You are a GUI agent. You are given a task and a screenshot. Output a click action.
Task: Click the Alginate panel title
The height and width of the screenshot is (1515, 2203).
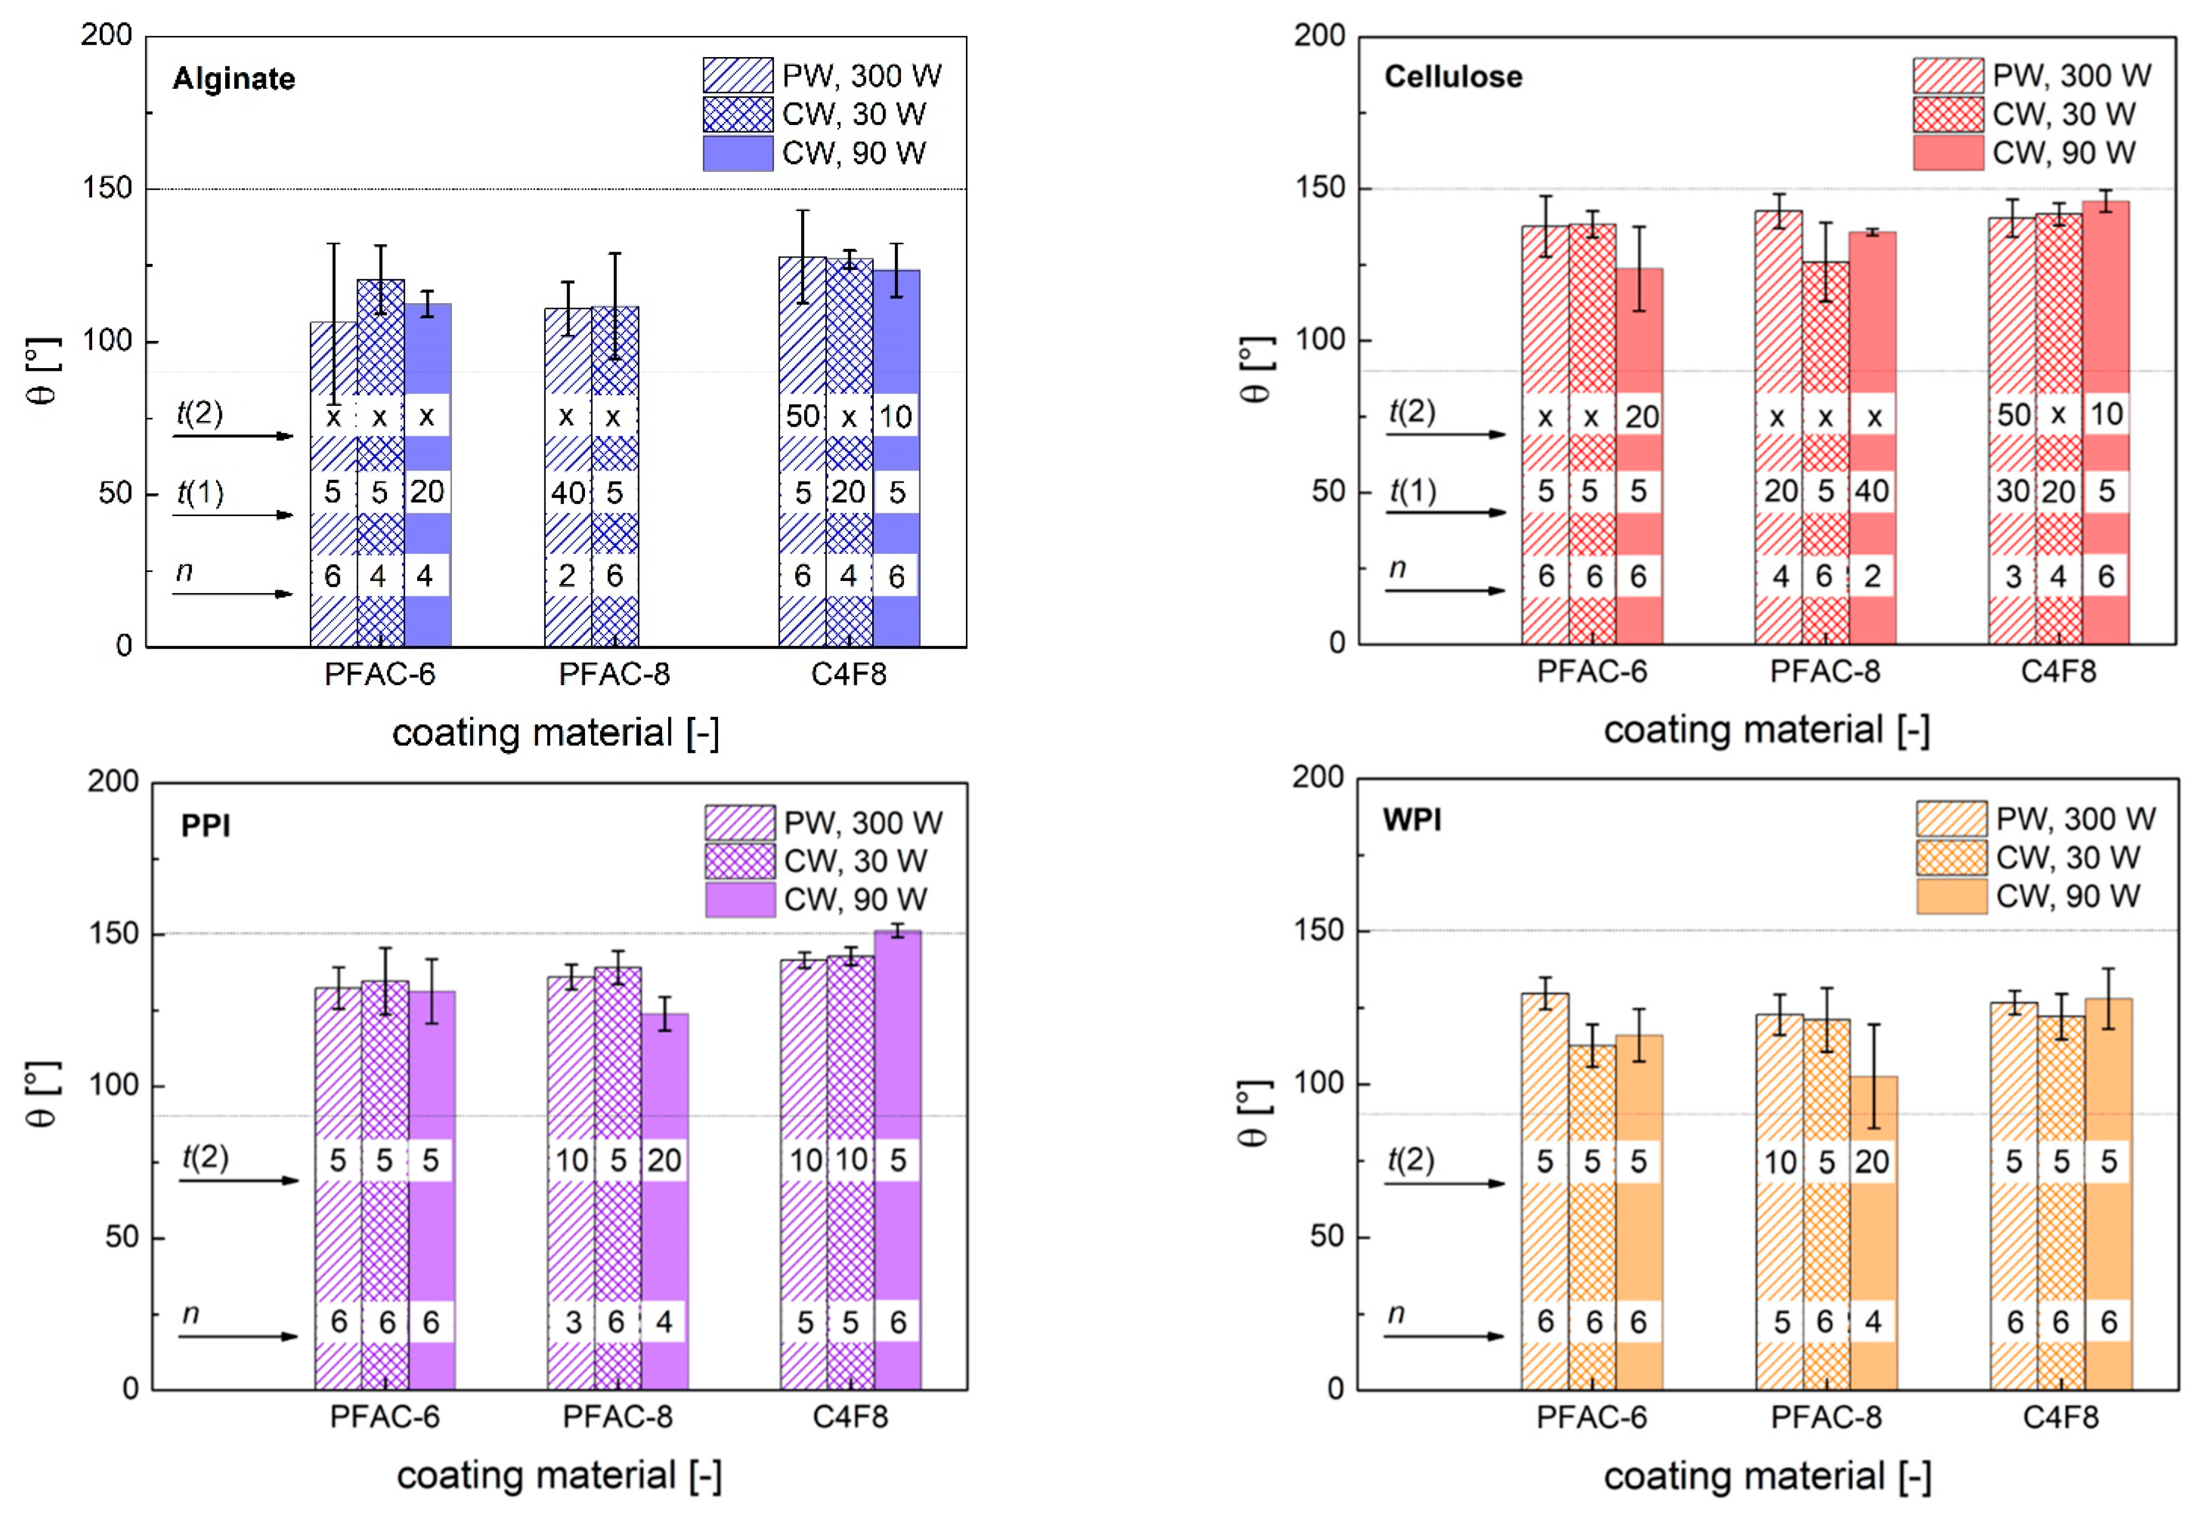(233, 79)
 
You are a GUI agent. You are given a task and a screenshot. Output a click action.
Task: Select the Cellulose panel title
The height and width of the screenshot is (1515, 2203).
(1453, 77)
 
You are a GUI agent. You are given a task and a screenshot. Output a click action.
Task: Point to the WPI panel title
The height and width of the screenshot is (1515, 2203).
(1411, 819)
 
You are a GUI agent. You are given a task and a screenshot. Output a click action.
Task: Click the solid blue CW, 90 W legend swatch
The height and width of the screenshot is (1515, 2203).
(738, 154)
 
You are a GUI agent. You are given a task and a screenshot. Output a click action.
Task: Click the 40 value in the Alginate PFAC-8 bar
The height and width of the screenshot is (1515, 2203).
(568, 493)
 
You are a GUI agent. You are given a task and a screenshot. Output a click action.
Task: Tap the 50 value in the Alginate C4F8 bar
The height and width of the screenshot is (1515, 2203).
(802, 416)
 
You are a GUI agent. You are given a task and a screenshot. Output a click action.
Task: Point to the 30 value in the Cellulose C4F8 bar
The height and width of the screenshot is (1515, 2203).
(2012, 491)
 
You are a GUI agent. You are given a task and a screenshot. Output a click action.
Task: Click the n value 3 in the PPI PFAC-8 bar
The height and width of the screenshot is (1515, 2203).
(573, 1322)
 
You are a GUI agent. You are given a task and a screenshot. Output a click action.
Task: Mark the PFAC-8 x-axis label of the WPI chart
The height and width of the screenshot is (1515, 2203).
(1825, 1417)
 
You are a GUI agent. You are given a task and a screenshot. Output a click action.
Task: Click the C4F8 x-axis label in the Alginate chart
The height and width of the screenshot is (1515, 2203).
(849, 674)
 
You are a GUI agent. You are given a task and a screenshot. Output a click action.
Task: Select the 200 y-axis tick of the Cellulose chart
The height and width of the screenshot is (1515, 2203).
(1320, 36)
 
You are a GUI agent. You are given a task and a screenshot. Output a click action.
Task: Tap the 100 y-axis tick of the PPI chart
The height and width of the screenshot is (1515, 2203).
(114, 1084)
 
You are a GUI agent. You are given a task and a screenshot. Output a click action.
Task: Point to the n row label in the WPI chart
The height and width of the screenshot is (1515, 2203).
(1396, 1314)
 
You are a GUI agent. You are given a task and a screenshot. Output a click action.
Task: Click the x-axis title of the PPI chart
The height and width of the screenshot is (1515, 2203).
(558, 1476)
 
